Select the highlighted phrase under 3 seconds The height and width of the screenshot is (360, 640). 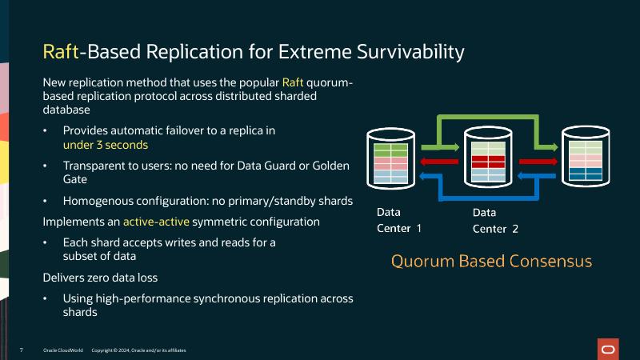106,146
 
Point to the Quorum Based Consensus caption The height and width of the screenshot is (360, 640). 491,262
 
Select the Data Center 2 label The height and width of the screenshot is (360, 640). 495,221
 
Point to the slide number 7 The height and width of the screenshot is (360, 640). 21,350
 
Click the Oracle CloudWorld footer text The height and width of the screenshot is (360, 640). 63,350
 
